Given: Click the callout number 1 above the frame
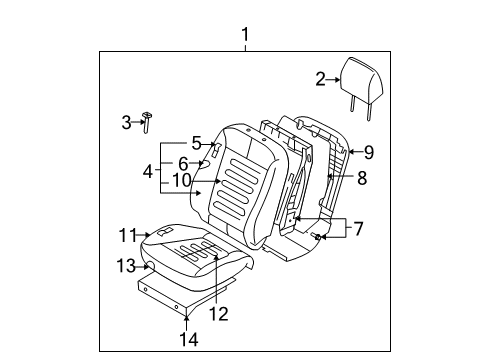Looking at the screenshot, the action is click(245, 34).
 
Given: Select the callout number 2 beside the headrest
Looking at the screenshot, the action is click(320, 80).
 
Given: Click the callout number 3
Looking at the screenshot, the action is click(126, 122).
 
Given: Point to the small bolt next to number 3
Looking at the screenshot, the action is click(147, 122).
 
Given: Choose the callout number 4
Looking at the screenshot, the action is click(148, 172).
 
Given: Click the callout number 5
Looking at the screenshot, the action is click(197, 143).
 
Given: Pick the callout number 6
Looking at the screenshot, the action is click(183, 164).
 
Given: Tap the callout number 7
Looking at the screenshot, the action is click(358, 229).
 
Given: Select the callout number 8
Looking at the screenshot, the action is click(362, 178).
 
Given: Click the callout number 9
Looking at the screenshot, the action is click(369, 152).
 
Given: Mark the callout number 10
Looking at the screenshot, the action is click(182, 180).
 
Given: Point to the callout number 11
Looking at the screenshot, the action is click(128, 235).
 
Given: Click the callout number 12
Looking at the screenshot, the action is click(219, 314).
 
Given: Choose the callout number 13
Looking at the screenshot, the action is click(126, 266).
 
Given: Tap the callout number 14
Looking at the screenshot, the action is click(189, 339).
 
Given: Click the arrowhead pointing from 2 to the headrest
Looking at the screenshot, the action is click(337, 80).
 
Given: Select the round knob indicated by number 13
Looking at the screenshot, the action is click(151, 266).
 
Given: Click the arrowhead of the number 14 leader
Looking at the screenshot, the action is click(186, 318).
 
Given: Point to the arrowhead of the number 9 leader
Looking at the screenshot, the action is click(351, 152).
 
